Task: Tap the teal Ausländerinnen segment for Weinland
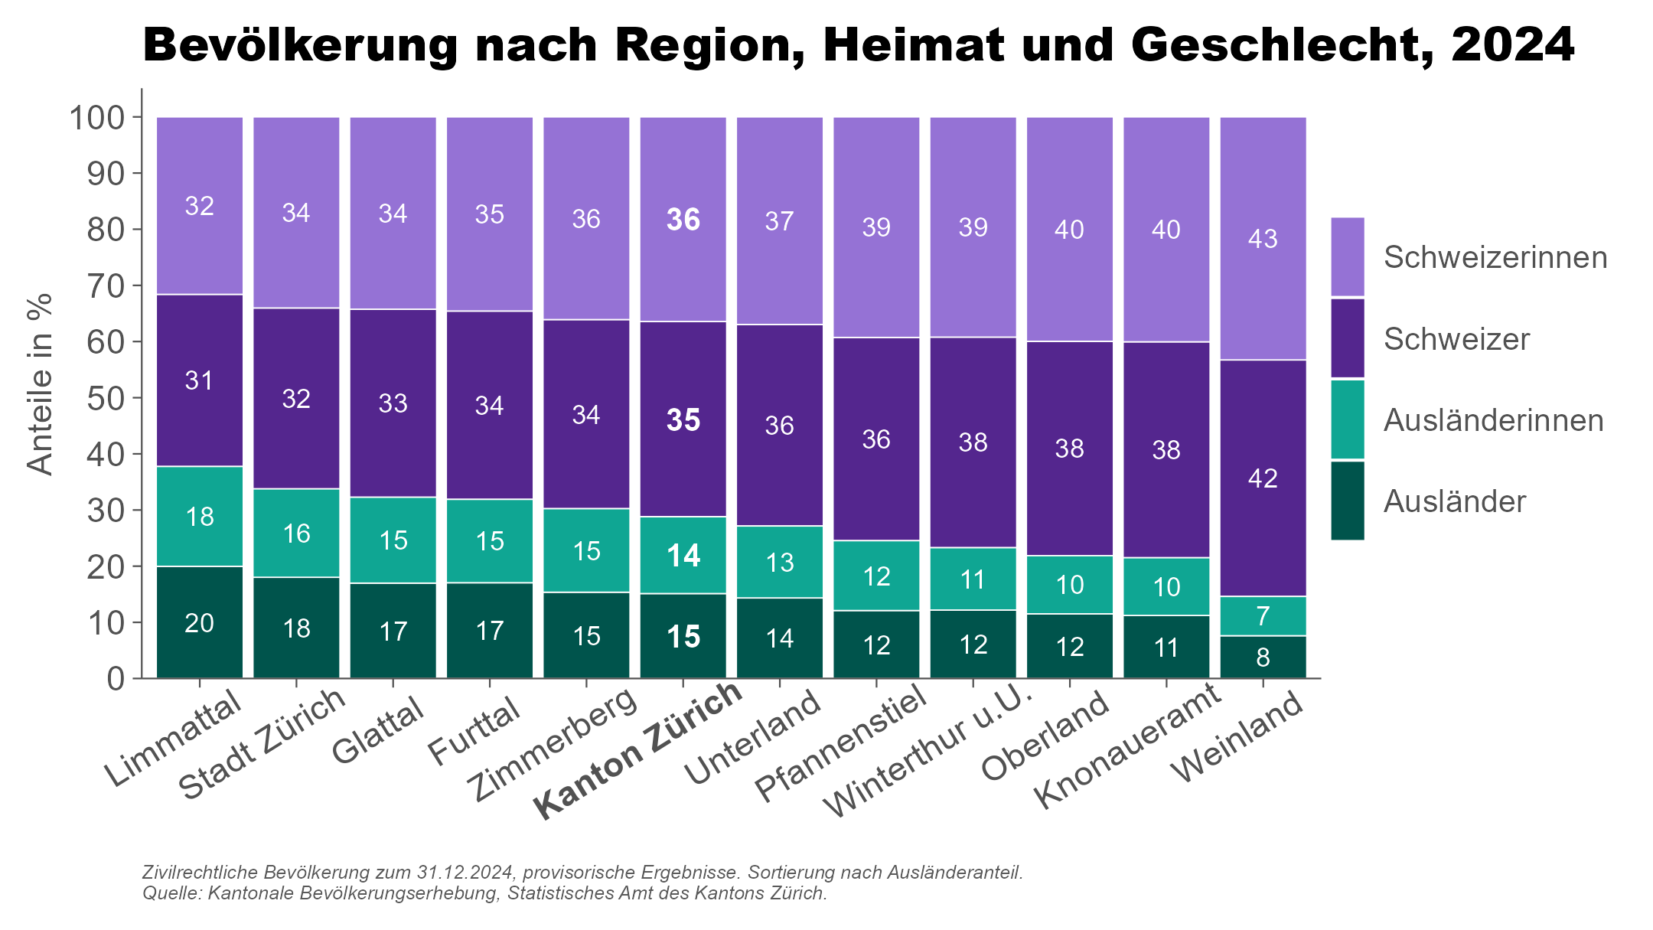(x=1263, y=615)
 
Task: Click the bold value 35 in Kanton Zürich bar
(x=683, y=420)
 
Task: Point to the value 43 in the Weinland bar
(x=1263, y=239)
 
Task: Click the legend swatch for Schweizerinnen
(x=1347, y=256)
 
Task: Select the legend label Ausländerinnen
(x=1493, y=420)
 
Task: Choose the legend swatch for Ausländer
(x=1347, y=501)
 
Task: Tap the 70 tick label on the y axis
(x=106, y=286)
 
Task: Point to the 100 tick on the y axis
(x=96, y=117)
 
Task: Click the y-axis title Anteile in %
(x=40, y=384)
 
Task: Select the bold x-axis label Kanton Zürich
(x=640, y=750)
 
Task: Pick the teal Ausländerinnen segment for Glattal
(x=393, y=540)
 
